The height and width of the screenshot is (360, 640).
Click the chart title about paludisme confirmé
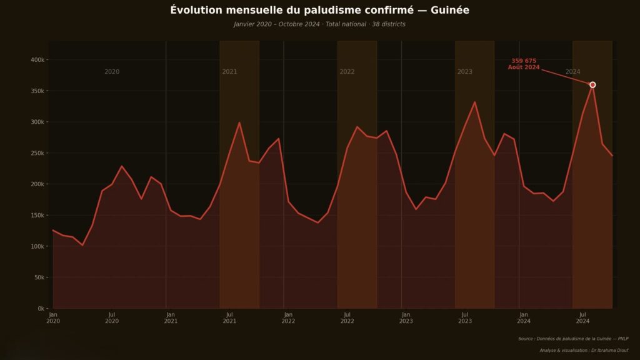pyautogui.click(x=319, y=11)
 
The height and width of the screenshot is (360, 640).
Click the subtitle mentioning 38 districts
pyautogui.click(x=319, y=24)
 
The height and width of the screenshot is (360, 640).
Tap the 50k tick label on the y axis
pyautogui.click(x=39, y=277)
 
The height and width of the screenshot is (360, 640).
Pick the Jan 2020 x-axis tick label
pyautogui.click(x=53, y=317)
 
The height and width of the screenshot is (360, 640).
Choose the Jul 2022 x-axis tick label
pyautogui.click(x=347, y=317)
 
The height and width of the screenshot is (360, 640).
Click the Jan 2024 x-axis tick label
pyautogui.click(x=524, y=317)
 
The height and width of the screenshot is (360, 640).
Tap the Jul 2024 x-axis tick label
pyautogui.click(x=582, y=317)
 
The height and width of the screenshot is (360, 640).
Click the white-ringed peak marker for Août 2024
pyautogui.click(x=592, y=85)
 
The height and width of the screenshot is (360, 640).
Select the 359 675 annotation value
pyautogui.click(x=524, y=61)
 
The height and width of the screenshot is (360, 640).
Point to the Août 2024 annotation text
pyautogui.click(x=524, y=67)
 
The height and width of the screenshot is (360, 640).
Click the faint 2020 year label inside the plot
pyautogui.click(x=112, y=72)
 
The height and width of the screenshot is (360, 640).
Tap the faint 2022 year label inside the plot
pyautogui.click(x=347, y=72)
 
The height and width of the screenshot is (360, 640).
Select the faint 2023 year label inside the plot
pyautogui.click(x=464, y=72)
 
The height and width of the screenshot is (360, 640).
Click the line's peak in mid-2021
pyautogui.click(x=239, y=122)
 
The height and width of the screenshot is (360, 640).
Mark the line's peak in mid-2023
pyautogui.click(x=475, y=102)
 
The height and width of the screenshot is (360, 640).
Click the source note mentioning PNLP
pyautogui.click(x=573, y=339)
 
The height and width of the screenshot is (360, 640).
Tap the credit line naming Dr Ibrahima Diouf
pyautogui.click(x=584, y=351)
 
